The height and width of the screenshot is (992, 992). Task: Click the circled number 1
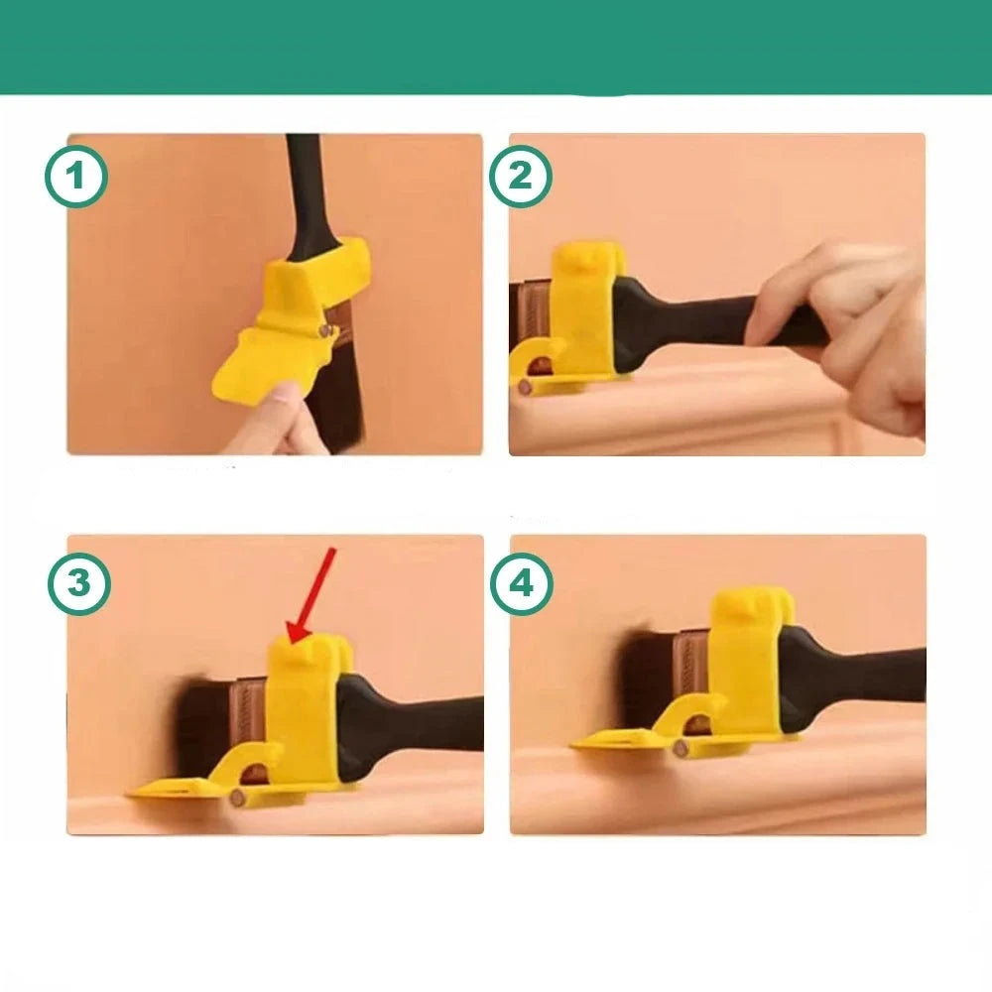[x=76, y=177]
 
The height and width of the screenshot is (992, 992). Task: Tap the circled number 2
[x=520, y=177]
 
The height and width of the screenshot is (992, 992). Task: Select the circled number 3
[x=79, y=583]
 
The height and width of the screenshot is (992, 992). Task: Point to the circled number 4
[x=522, y=583]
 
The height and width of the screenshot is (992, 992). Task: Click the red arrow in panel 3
[x=311, y=596]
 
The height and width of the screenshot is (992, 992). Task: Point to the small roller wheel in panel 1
[x=325, y=330]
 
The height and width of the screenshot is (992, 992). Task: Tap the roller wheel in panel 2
[x=525, y=386]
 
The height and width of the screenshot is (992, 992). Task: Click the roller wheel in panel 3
[x=238, y=798]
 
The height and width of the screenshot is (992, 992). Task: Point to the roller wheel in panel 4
[x=681, y=749]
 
